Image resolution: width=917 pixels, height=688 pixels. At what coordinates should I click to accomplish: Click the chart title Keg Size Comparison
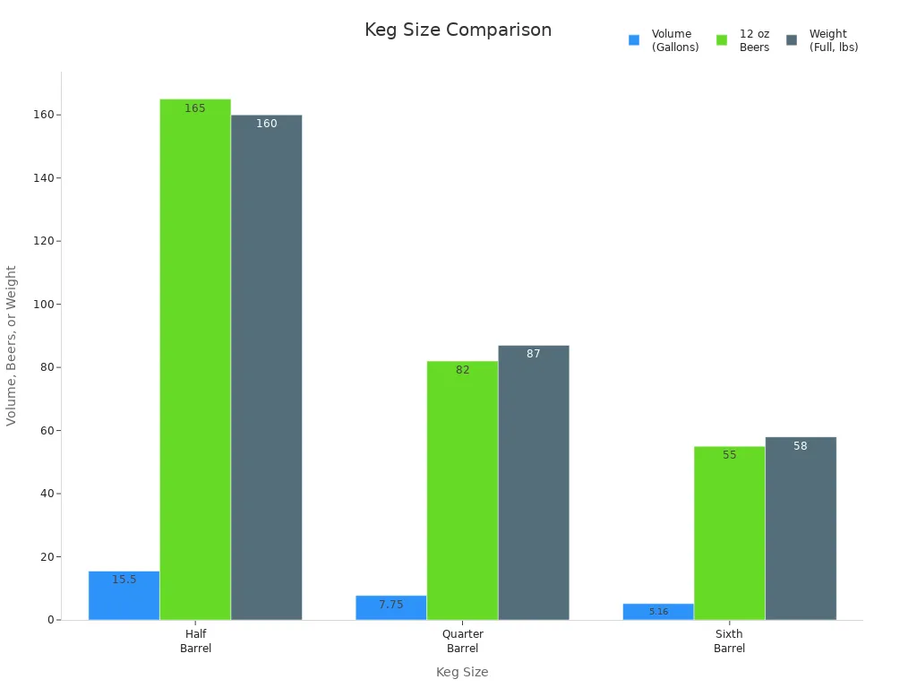[458, 30]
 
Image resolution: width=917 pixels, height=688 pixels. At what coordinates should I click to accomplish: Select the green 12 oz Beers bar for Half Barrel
[195, 358]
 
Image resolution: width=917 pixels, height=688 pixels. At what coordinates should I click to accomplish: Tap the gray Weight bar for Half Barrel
[266, 367]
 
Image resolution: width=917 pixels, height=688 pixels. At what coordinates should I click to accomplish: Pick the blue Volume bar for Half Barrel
[124, 596]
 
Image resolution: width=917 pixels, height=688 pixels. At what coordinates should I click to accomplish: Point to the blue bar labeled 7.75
[390, 607]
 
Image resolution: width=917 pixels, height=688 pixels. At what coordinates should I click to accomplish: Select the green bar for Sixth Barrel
[729, 533]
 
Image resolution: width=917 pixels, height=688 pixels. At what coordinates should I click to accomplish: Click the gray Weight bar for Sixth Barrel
[800, 529]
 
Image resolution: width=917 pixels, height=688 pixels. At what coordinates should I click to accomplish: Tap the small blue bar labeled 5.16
[658, 612]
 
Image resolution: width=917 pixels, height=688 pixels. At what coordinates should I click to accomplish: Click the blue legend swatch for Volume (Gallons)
[634, 40]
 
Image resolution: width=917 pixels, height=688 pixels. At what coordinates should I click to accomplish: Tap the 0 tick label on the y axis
[50, 620]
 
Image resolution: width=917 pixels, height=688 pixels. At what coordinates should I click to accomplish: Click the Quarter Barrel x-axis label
[462, 641]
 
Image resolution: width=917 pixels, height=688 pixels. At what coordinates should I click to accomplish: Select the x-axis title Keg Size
[462, 672]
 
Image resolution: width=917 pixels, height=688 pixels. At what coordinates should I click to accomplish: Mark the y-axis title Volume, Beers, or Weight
[12, 345]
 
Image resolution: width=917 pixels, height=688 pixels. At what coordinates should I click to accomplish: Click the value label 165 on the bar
[195, 108]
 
